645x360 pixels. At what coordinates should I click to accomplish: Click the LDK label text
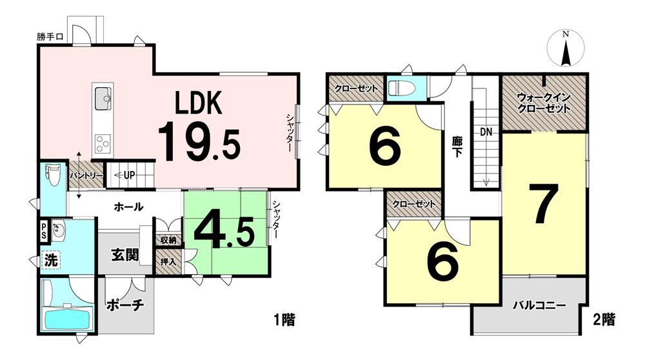199,103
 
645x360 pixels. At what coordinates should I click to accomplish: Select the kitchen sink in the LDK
103,98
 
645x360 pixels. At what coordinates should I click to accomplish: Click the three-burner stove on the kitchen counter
103,144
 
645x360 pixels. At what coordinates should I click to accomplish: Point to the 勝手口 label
50,37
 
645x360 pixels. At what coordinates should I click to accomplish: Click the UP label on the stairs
129,175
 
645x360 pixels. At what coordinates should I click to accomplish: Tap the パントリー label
86,175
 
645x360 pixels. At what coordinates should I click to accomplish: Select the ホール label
128,206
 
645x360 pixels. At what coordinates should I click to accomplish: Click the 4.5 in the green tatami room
224,233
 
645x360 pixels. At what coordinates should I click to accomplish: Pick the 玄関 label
125,255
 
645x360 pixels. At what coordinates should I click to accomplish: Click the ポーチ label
125,305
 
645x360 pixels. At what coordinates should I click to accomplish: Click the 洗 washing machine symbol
52,260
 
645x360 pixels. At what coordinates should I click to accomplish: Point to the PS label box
43,232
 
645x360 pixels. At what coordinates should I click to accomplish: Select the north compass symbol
566,48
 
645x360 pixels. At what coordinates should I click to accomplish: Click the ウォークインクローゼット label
543,103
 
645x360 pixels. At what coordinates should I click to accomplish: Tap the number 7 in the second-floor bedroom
544,203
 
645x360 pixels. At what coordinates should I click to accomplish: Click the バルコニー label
539,305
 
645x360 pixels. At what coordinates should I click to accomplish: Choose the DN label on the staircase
486,132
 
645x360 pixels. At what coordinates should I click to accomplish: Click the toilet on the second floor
399,88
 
